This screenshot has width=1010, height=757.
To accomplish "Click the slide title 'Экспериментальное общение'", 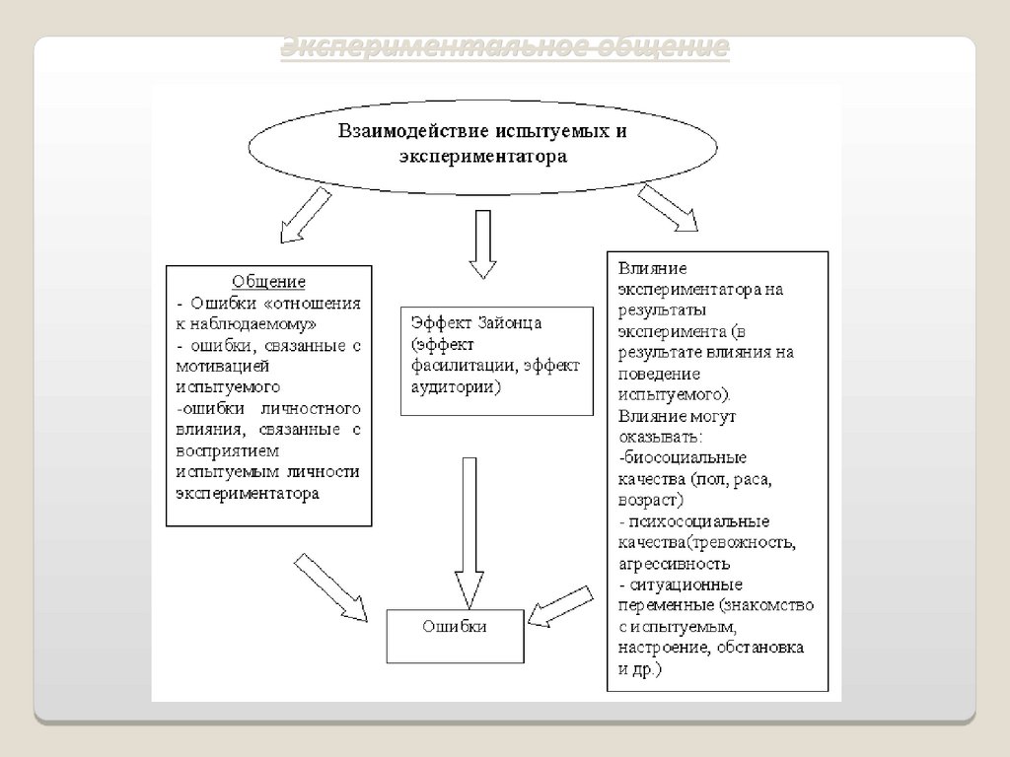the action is (505, 47).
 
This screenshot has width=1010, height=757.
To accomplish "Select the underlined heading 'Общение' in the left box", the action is (268, 281).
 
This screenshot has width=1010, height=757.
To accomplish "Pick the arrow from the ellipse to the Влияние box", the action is (668, 208).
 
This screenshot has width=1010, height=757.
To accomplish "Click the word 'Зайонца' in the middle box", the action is (510, 322).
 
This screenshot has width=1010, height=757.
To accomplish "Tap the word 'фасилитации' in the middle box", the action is (458, 366).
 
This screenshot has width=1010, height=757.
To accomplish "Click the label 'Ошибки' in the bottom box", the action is (454, 625).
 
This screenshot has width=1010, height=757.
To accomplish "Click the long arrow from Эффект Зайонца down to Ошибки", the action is (467, 532).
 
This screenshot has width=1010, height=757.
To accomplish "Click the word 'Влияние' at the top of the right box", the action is (652, 268).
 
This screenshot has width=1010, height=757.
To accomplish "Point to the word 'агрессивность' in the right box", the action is (675, 565).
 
